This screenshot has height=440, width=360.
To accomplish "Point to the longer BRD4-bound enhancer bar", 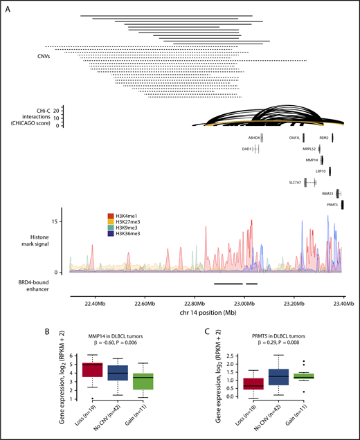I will point(228,283).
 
